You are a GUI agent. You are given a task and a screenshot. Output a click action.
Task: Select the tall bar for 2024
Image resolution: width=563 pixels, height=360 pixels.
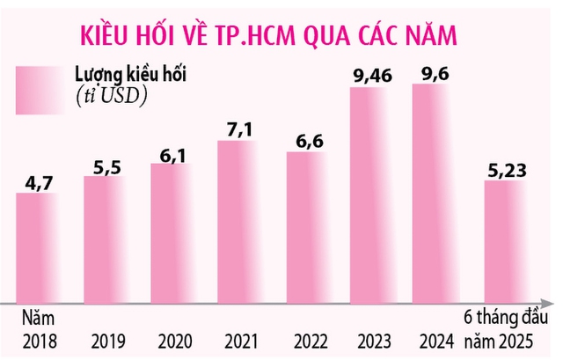coord(441,194)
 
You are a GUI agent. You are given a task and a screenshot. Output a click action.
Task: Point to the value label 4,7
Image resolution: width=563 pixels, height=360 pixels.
coord(38,182)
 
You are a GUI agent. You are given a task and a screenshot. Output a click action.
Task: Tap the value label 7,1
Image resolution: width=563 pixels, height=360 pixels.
coord(238,129)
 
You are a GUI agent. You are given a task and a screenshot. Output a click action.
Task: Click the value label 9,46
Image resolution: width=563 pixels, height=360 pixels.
coord(372,77)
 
